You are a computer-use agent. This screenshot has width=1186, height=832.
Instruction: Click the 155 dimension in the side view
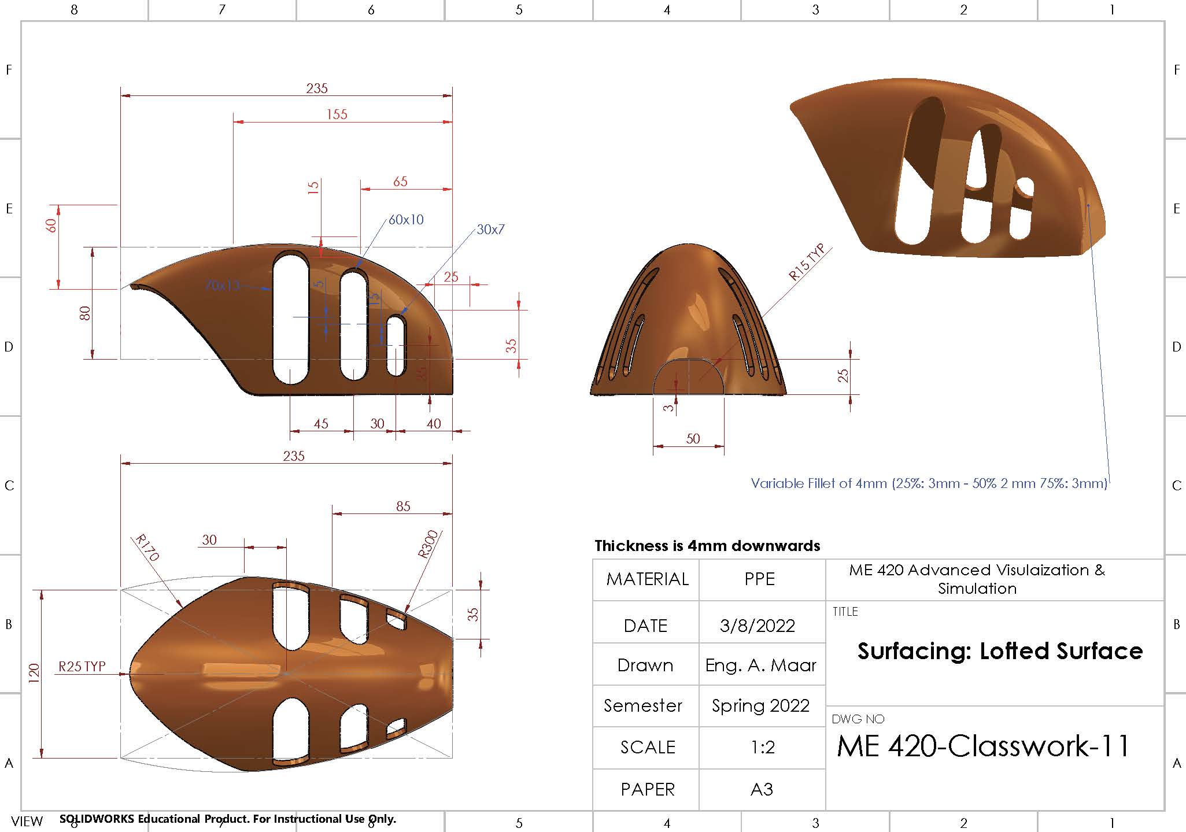click(x=337, y=114)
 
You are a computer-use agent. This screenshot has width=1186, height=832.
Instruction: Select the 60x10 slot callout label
click(x=406, y=220)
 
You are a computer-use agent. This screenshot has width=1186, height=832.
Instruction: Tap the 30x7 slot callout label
click(x=490, y=230)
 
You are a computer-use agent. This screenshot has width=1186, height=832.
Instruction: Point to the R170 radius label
click(x=146, y=548)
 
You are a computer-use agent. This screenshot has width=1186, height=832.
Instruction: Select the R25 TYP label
click(x=82, y=667)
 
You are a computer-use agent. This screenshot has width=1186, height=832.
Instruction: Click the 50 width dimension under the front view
click(x=693, y=439)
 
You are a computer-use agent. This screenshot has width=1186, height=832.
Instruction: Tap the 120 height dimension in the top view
click(x=34, y=674)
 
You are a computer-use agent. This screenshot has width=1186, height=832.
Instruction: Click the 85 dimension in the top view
click(x=403, y=506)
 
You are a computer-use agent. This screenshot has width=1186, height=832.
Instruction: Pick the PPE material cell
click(x=759, y=579)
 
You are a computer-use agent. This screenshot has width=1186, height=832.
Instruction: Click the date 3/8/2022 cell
click(x=757, y=626)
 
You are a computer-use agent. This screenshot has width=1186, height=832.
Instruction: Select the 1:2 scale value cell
click(x=762, y=748)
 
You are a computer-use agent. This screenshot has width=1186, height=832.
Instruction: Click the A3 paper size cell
click(x=762, y=790)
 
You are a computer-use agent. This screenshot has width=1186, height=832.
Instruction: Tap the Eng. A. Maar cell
click(x=760, y=665)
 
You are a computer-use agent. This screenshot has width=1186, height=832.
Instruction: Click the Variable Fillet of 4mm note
click(x=928, y=483)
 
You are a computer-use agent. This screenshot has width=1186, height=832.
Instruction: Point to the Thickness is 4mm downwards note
click(x=707, y=546)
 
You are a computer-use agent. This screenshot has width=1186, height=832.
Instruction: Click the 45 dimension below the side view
click(x=321, y=424)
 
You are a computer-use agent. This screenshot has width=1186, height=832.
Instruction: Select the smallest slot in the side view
click(x=396, y=346)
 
